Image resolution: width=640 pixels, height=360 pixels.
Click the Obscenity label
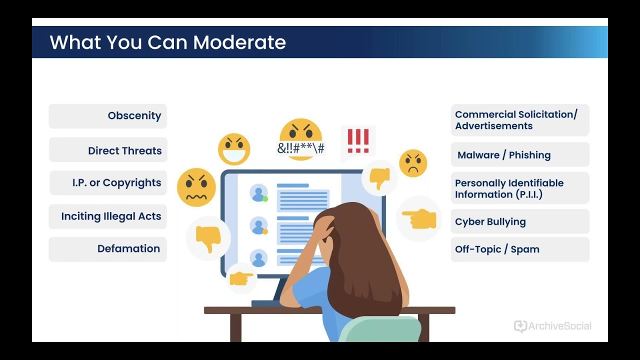[x=134, y=115]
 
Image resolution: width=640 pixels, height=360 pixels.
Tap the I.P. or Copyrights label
[x=116, y=183]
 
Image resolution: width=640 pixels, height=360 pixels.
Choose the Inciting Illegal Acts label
[x=111, y=216]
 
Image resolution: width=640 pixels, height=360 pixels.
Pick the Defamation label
[x=128, y=248]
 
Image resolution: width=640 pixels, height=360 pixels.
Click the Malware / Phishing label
[x=504, y=155]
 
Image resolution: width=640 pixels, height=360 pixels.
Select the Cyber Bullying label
[x=490, y=221]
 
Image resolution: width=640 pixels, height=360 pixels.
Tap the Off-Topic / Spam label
[x=497, y=249]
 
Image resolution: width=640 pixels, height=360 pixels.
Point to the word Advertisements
[x=493, y=126]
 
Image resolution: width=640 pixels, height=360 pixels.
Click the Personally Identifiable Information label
[x=509, y=188]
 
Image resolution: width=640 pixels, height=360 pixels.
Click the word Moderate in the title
[x=239, y=42]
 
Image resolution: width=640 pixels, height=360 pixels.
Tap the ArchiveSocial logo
[x=552, y=326]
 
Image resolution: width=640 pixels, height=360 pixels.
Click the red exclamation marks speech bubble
[x=358, y=142]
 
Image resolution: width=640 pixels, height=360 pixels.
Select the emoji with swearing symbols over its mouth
[x=301, y=139]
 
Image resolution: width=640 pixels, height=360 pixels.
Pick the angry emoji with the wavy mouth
[x=196, y=187]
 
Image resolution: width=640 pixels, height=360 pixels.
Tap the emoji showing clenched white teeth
[x=234, y=149]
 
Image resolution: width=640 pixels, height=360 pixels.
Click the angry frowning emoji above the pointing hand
[x=413, y=163]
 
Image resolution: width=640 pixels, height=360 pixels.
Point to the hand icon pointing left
[x=419, y=218]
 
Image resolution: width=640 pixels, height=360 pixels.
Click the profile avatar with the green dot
[x=259, y=193]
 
